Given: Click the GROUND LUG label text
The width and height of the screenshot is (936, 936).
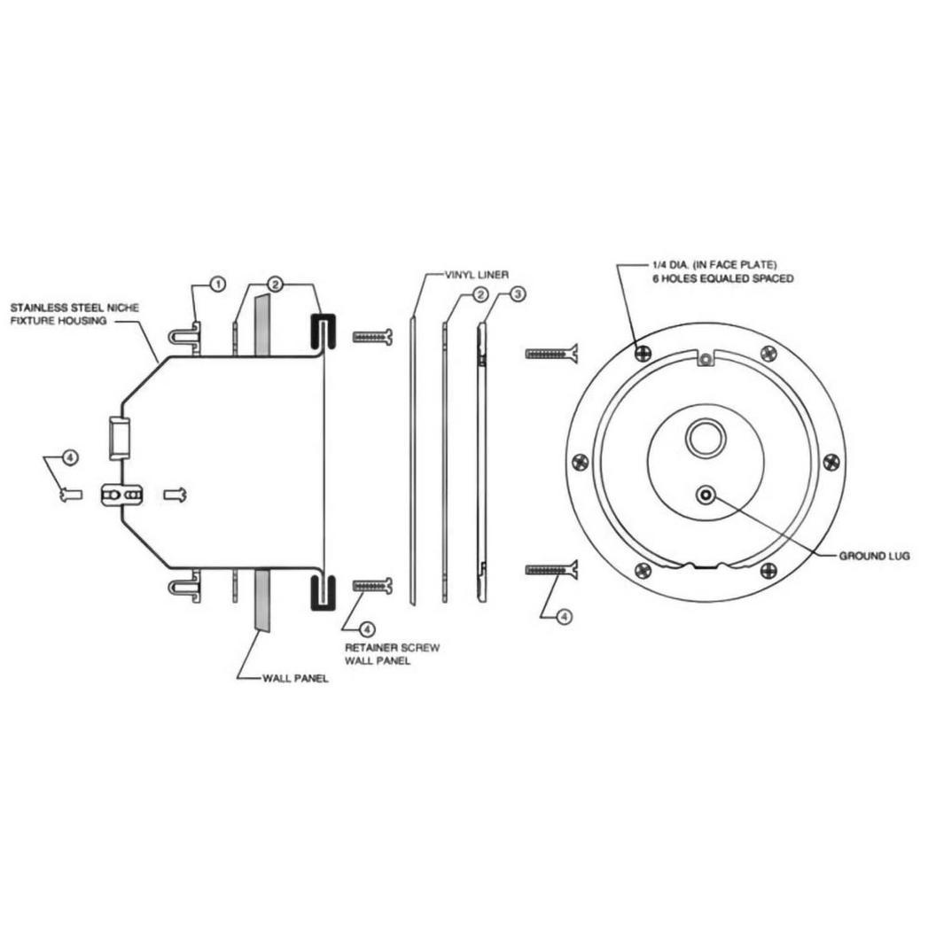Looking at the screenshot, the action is (875, 557).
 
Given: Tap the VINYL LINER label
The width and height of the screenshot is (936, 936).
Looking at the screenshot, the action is (477, 275).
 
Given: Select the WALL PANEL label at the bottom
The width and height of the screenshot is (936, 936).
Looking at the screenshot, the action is (295, 679).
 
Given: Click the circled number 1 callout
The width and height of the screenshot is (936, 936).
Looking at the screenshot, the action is (218, 285).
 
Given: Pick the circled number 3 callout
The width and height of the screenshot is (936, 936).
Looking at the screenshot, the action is (518, 294).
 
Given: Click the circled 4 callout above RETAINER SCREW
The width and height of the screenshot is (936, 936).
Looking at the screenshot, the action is (368, 629).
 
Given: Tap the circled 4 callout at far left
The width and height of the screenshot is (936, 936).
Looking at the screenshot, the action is (70, 458).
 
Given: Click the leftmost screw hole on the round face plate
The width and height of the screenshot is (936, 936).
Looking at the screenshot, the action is (581, 462).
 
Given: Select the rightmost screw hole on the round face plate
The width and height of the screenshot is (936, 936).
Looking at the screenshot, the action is (831, 462).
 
